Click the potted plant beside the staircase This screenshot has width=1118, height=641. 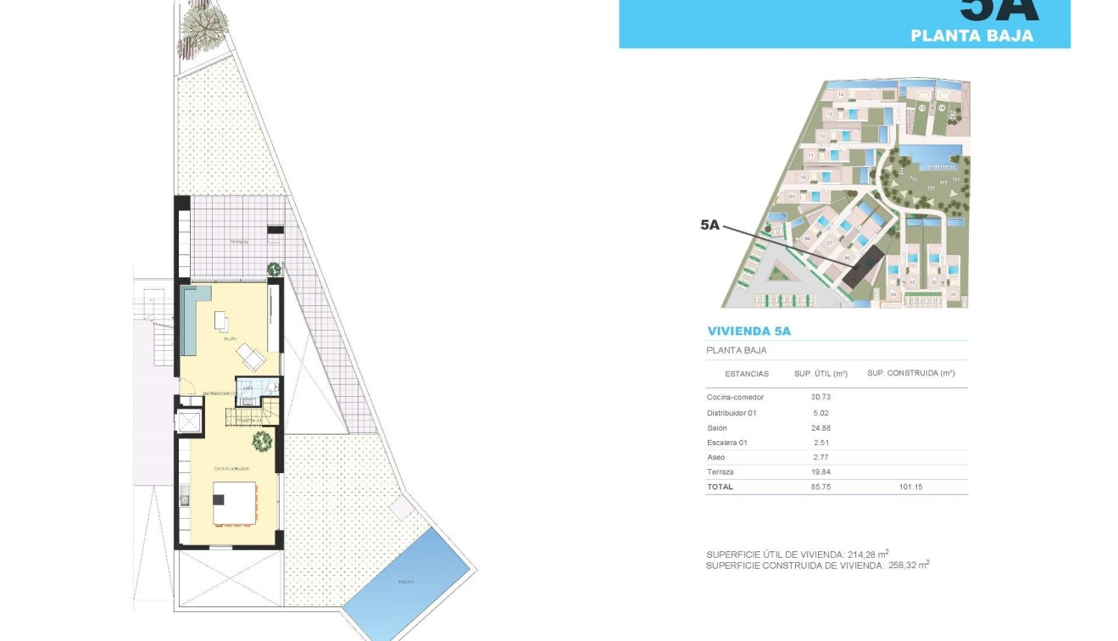tap(262, 441)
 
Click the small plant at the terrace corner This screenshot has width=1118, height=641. tap(274, 270)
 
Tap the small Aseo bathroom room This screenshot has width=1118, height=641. tap(250, 387)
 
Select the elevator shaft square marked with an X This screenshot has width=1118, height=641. tap(189, 421)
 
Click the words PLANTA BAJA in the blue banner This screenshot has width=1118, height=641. tap(971, 36)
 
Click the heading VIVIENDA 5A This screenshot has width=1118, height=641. tap(748, 332)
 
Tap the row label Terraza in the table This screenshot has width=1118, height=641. tap(720, 471)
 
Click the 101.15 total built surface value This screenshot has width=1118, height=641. tap(911, 487)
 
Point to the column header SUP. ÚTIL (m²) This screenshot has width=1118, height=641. tap(820, 373)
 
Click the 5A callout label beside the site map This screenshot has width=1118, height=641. tap(709, 225)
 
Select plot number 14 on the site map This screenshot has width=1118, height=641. tap(841, 95)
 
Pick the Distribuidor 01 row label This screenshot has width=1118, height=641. tap(731, 413)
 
